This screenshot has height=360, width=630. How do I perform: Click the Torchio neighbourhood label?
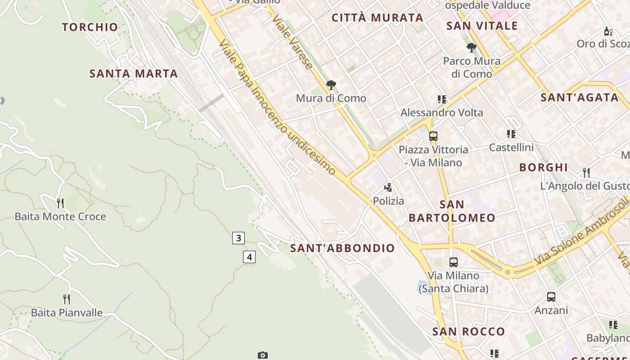[90, 27]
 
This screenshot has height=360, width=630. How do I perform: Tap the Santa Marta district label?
[134, 73]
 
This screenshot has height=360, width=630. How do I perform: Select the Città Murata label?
[378, 18]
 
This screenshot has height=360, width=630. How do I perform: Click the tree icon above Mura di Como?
[331, 85]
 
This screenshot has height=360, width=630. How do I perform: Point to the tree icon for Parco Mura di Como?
[472, 47]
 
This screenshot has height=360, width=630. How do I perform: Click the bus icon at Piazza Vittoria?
[433, 136]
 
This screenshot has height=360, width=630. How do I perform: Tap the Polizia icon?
[388, 187]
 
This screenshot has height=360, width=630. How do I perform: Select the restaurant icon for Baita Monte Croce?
[60, 203]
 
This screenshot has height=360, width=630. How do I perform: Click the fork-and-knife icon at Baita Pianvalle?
[67, 299]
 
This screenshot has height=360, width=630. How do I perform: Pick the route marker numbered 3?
[238, 238]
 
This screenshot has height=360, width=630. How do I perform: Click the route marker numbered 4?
[249, 257]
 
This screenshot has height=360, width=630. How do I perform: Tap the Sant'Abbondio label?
[342, 248]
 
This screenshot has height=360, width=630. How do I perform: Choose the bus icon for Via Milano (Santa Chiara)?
[454, 262]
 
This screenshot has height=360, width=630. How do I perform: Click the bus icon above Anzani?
[551, 297]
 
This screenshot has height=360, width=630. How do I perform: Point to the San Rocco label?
[468, 332]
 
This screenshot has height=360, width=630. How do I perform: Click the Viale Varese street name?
[292, 43]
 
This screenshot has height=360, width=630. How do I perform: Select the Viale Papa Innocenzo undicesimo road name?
[277, 107]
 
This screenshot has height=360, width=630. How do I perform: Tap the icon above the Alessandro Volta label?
[442, 99]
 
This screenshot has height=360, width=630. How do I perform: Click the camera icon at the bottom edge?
[263, 355]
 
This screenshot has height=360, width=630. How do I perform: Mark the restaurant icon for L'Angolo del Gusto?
[586, 172]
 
